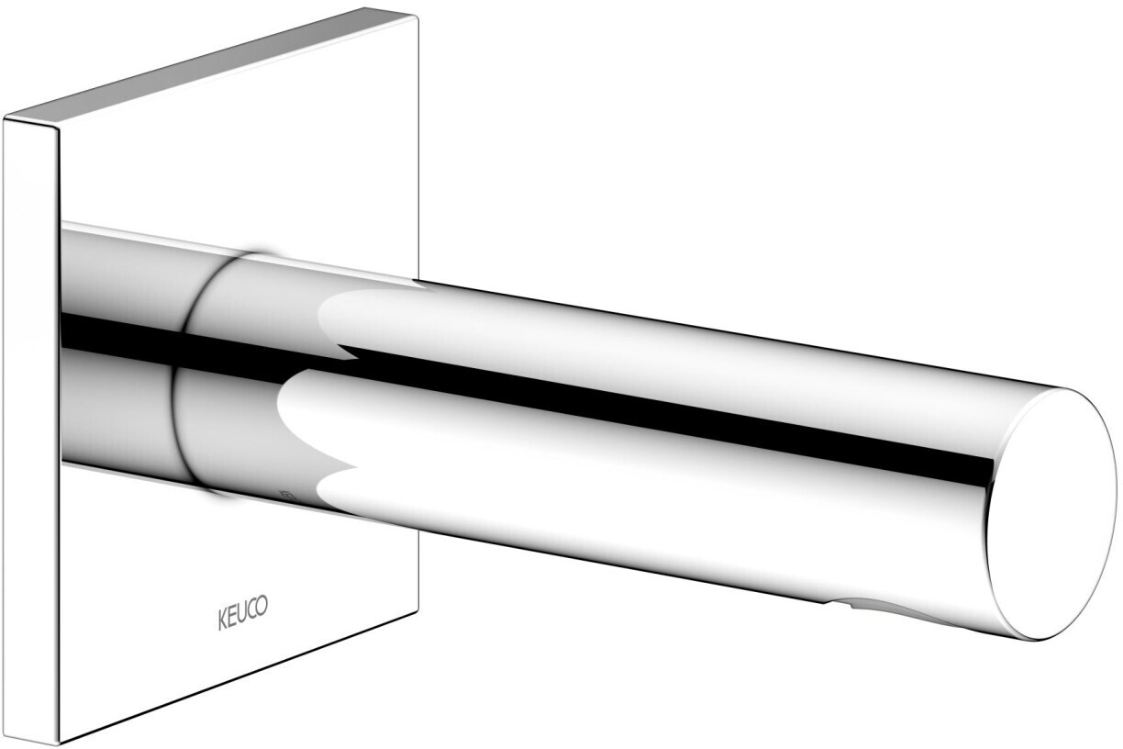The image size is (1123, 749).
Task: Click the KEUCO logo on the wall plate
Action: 242,612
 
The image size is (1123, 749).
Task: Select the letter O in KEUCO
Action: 261,605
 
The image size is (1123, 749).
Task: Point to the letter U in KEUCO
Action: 242,612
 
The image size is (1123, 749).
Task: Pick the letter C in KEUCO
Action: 251,609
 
